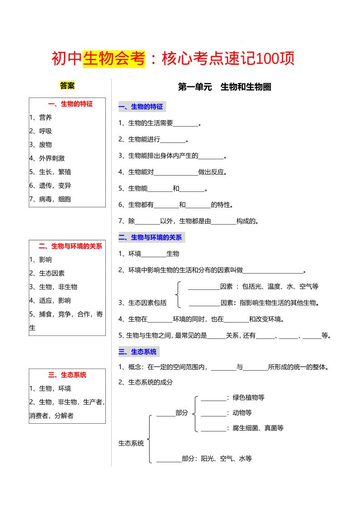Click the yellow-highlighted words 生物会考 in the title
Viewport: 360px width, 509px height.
(114, 59)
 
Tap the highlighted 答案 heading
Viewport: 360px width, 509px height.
(67, 86)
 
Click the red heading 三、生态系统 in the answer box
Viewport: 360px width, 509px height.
(67, 375)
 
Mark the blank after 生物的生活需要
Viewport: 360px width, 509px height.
(185, 123)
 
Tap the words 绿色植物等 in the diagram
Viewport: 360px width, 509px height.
(248, 397)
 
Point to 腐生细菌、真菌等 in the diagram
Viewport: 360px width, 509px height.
(258, 427)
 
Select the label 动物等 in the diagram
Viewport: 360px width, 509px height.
(242, 413)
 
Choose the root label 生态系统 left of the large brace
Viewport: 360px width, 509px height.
(131, 443)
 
